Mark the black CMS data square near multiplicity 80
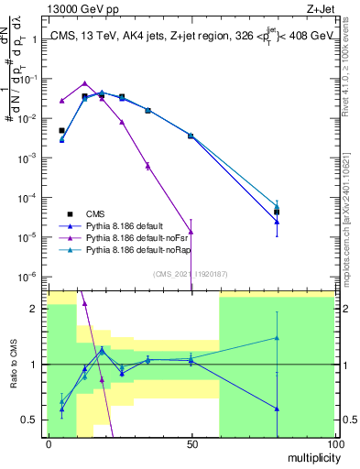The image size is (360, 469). pyautogui.click(x=277, y=213)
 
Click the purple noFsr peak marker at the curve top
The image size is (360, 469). pyautogui.click(x=84, y=83)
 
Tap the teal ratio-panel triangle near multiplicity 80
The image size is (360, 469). pyautogui.click(x=277, y=338)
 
